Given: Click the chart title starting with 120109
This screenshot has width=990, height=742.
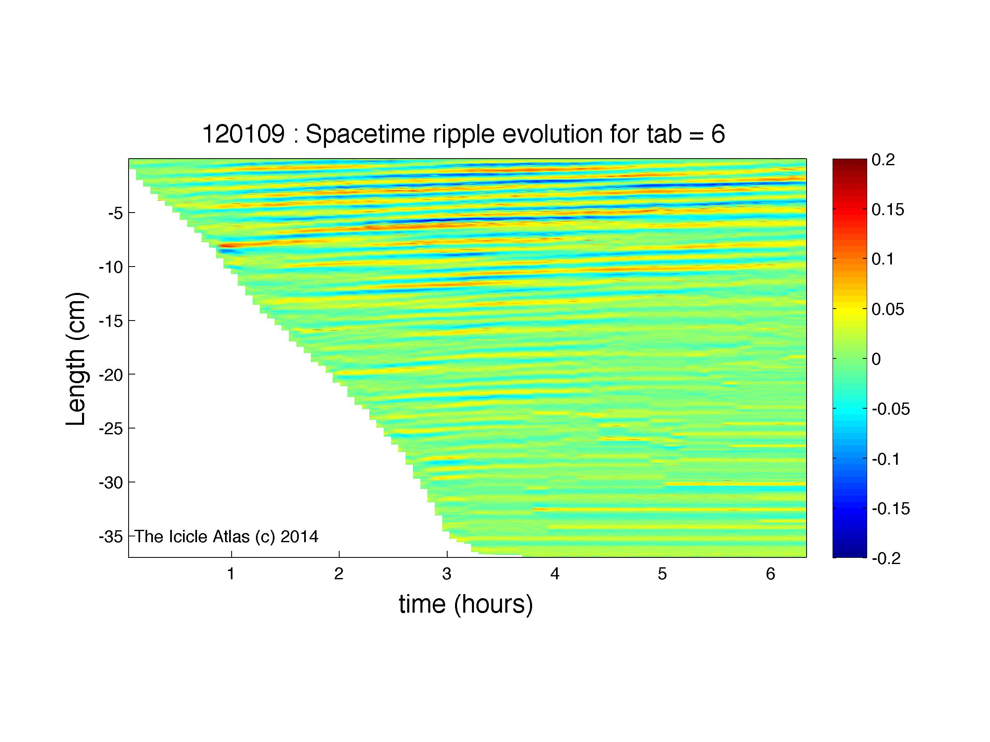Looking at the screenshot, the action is [x=464, y=134].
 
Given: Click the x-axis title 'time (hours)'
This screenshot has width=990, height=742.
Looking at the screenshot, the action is [x=466, y=604].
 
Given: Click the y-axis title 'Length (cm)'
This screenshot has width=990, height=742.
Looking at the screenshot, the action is [x=76, y=359].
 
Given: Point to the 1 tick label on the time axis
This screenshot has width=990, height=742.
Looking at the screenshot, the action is [x=231, y=573].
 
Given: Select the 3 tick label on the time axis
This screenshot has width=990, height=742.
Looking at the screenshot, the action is [x=447, y=573].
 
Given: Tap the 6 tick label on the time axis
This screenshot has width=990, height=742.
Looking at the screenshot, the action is [x=770, y=573].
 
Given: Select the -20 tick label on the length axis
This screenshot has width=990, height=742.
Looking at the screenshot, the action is [x=110, y=375].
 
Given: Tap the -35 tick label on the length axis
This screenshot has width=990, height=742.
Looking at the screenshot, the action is [x=110, y=536].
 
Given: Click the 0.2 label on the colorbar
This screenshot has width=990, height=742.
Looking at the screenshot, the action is [x=884, y=160].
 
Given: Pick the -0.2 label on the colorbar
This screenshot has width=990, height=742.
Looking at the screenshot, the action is [x=886, y=558].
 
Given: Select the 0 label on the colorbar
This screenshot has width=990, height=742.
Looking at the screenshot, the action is [x=877, y=359].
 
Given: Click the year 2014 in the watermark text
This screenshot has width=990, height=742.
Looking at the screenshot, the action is [x=299, y=536].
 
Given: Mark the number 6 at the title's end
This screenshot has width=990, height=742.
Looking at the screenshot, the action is [x=718, y=134].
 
